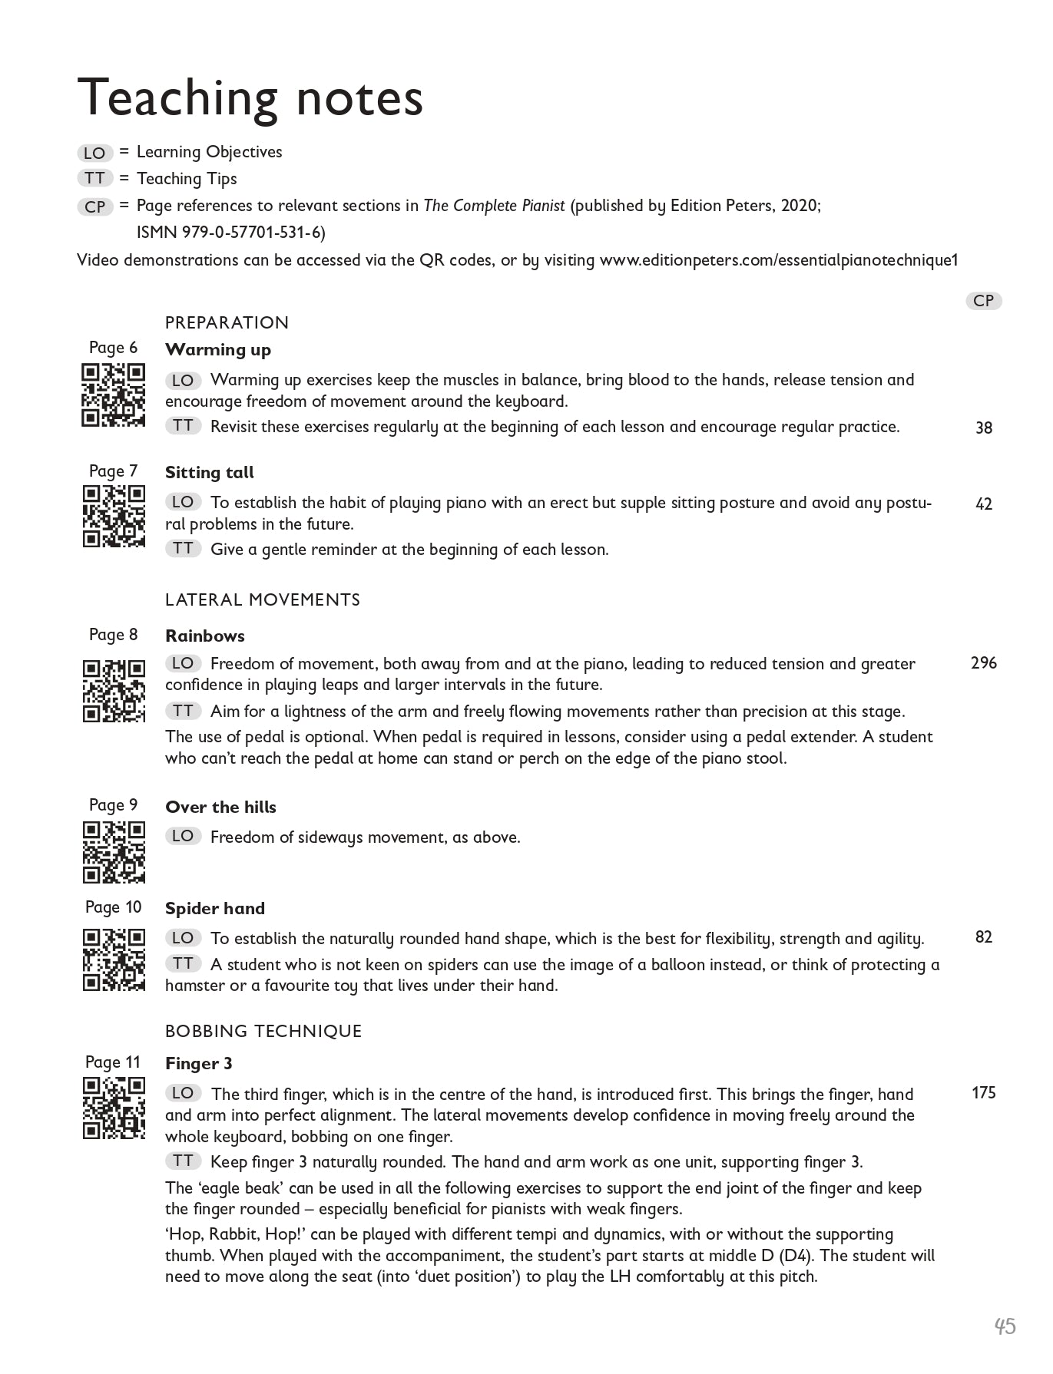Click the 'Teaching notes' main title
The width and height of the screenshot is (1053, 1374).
250,98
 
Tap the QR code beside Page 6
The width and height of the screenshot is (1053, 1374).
113,395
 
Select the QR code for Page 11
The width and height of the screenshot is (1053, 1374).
113,1108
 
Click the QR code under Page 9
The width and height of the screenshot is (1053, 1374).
113,852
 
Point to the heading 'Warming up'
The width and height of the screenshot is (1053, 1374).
218,350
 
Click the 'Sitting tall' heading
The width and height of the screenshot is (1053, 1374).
209,473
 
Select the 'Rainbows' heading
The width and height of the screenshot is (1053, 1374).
204,636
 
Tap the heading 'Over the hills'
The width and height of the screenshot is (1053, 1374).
220,808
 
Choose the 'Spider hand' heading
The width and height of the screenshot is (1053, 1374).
214,909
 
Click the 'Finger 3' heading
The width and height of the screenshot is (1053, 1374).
198,1064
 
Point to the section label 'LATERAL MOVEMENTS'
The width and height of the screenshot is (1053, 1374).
263,600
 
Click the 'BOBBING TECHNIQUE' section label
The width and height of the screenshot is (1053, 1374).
263,1031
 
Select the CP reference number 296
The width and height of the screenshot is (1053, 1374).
983,663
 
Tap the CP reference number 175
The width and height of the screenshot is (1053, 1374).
983,1093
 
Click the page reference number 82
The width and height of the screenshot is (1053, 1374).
983,937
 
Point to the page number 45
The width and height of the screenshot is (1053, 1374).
1005,1326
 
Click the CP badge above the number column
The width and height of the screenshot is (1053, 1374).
983,301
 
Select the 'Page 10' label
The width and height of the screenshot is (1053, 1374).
113,907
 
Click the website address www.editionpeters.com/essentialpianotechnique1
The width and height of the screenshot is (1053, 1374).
779,260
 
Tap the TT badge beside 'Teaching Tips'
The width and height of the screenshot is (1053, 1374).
94,179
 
